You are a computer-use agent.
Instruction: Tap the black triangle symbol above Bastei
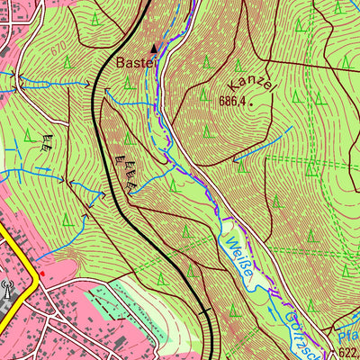tap(154, 48)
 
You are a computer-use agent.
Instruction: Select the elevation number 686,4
tap(231, 102)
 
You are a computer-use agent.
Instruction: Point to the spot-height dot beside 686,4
tap(252, 103)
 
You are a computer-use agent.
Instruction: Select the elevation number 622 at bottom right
tap(349, 353)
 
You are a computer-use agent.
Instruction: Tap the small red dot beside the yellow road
tap(41, 272)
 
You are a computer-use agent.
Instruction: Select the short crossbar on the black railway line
tap(207, 312)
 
